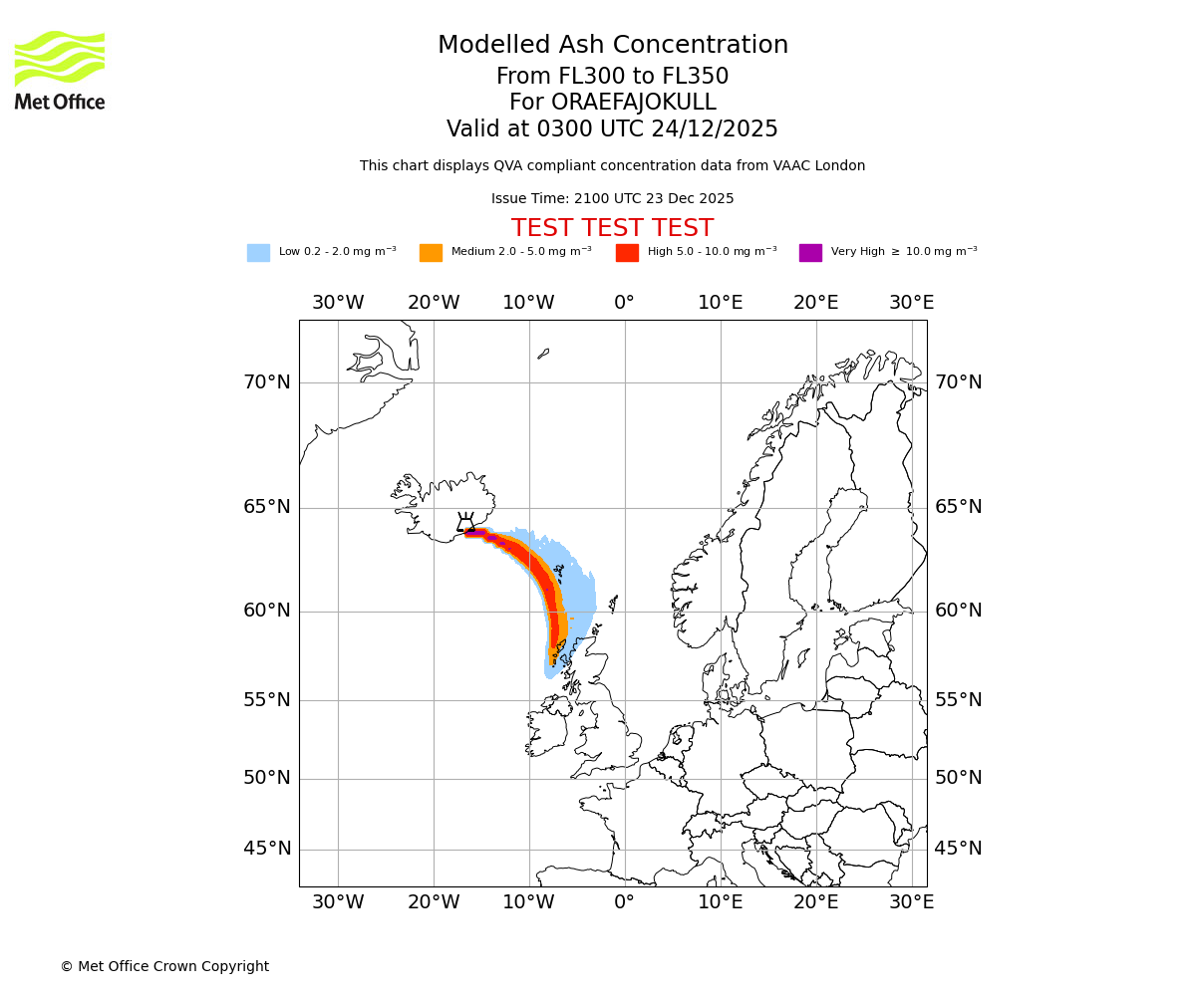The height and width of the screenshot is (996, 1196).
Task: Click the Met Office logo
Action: tap(60, 70)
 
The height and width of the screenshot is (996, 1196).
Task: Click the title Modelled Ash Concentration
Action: tap(612, 45)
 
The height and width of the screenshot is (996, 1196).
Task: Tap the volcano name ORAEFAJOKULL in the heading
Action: tap(612, 103)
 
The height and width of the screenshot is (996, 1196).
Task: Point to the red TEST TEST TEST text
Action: tap(612, 228)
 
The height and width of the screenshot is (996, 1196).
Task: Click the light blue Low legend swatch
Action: tap(258, 253)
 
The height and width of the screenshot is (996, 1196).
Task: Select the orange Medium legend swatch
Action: tap(431, 253)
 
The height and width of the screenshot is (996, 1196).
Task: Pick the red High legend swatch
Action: tap(627, 253)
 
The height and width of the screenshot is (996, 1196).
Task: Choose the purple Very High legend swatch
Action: tap(810, 253)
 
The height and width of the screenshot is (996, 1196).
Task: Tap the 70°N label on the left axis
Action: tap(267, 382)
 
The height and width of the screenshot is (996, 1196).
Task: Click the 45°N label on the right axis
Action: tap(958, 849)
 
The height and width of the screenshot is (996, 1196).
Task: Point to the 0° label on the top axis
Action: tap(624, 303)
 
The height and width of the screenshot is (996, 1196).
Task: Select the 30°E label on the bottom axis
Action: tap(911, 902)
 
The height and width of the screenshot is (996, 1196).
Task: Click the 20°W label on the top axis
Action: tap(434, 303)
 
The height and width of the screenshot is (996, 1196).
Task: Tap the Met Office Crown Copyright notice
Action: tap(164, 966)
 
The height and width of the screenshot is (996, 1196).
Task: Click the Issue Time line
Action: tap(612, 198)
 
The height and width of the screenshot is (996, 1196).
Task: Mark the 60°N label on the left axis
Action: tap(267, 611)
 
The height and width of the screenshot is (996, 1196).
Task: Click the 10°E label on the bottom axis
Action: tap(720, 902)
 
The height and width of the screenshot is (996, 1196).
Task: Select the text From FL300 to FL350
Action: tap(612, 77)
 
